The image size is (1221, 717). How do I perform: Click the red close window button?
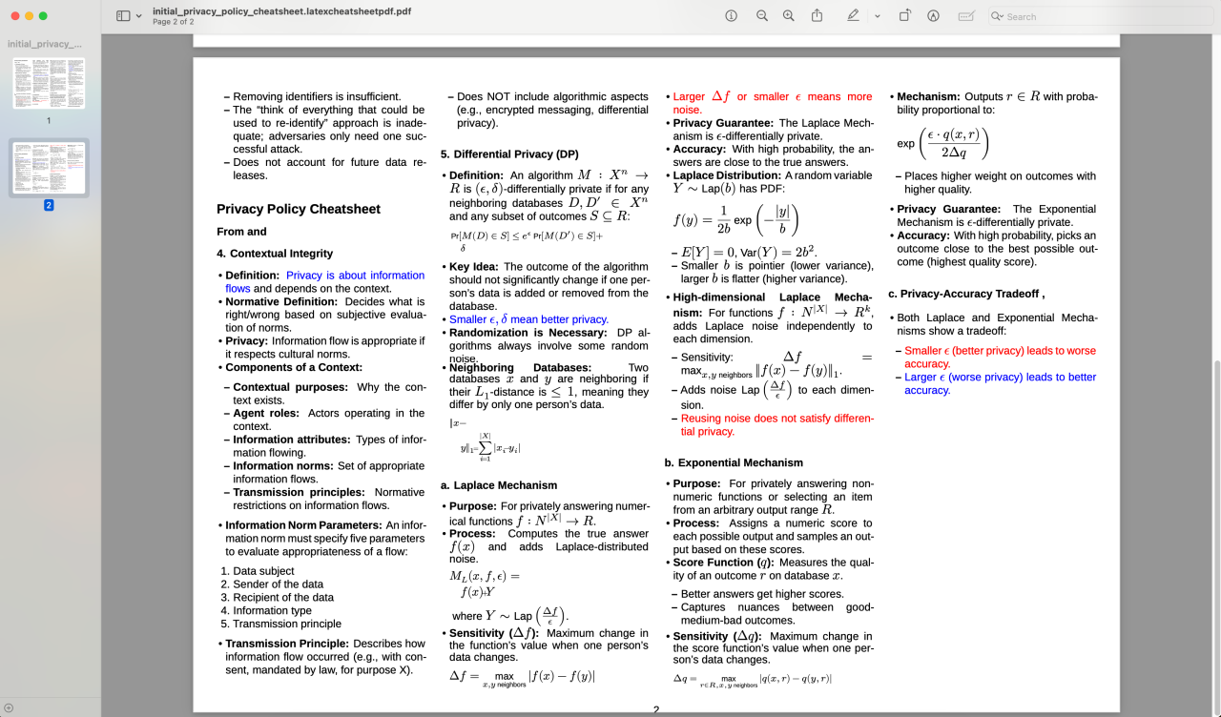(x=14, y=16)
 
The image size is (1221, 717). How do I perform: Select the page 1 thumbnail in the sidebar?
(x=49, y=83)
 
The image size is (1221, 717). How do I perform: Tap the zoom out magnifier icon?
(x=762, y=16)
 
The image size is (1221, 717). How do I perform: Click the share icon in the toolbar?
(x=817, y=16)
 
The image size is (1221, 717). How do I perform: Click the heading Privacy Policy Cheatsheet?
(x=299, y=210)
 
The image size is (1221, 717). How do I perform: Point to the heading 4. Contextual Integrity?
(x=275, y=254)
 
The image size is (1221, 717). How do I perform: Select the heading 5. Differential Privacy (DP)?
(x=509, y=154)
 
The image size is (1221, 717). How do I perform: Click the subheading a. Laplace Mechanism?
(x=499, y=485)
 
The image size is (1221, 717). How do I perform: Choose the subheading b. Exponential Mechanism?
(x=734, y=463)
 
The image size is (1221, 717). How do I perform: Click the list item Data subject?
(x=264, y=571)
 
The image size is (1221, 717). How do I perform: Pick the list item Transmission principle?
(x=287, y=624)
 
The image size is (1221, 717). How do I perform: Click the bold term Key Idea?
(x=474, y=267)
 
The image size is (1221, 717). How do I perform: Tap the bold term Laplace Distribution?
(x=727, y=175)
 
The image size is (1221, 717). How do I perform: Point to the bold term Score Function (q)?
(x=723, y=563)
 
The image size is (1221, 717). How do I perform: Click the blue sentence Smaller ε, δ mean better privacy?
(x=528, y=319)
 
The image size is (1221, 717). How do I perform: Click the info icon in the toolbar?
(x=732, y=16)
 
